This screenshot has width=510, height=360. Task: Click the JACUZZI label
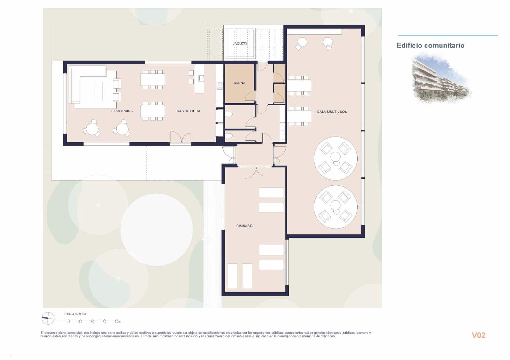(240, 44)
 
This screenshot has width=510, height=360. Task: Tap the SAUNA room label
(239, 83)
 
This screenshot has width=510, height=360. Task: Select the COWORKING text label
(122, 111)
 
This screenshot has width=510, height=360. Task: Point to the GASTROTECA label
(188, 111)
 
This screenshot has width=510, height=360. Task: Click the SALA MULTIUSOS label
(332, 112)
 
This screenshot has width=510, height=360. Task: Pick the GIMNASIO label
(245, 226)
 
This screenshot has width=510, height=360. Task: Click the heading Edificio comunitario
(430, 46)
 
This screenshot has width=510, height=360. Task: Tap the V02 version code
(478, 335)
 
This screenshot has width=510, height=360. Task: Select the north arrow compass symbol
(48, 318)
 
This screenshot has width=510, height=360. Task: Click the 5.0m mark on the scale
(117, 322)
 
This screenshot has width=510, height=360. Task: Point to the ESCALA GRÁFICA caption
(75, 314)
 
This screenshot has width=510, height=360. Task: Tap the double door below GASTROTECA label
(180, 138)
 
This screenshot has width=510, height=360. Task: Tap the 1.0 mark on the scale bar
(68, 322)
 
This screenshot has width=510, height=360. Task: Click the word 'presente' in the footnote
(52, 333)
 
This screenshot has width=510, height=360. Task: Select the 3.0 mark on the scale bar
(92, 322)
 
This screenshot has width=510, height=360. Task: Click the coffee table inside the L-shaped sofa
(98, 91)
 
